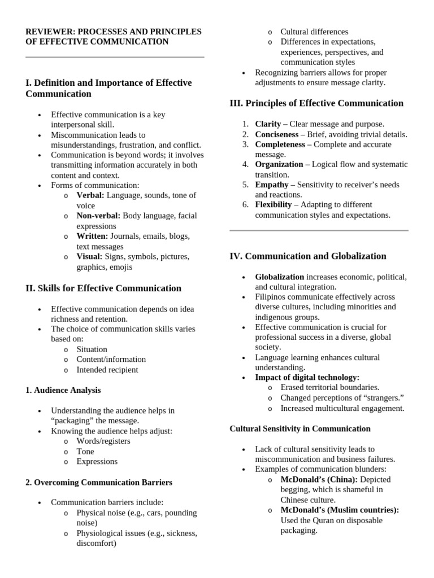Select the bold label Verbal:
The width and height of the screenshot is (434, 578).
[90, 195]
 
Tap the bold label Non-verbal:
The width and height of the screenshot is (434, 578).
[98, 216]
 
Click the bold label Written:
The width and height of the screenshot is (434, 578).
[92, 236]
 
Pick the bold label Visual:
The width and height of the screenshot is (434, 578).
[90, 256]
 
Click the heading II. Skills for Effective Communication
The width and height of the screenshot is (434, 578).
[103, 288]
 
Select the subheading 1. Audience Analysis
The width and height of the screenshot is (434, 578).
[63, 390]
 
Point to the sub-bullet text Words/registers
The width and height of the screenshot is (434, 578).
[103, 441]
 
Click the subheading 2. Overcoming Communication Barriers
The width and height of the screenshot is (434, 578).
[99, 483]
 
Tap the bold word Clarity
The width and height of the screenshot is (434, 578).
[268, 124]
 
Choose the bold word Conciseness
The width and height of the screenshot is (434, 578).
[276, 134]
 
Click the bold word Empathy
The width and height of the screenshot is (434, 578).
[271, 185]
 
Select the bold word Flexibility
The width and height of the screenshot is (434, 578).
[274, 204]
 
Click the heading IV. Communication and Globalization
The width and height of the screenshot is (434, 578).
[308, 256]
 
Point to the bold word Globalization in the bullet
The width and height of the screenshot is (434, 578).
[279, 277]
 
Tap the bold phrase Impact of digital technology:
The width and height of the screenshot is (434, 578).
[307, 377]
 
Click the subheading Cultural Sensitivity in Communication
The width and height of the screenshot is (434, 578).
[300, 429]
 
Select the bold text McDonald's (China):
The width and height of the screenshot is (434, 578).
[319, 479]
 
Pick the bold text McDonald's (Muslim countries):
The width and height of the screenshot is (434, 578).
[340, 510]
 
